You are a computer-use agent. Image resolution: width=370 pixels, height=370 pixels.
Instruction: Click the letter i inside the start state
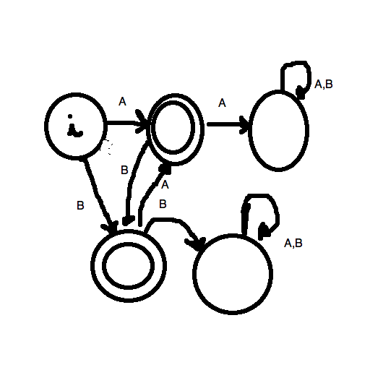[x=74, y=126]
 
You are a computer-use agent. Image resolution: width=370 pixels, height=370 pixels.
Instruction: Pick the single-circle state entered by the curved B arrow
[x=194, y=274]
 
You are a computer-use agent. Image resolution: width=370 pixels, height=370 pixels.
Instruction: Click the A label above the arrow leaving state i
[x=122, y=102]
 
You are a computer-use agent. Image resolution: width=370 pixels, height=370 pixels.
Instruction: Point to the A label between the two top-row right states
[x=222, y=103]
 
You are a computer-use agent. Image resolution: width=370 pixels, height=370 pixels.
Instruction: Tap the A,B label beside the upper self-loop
[x=324, y=84]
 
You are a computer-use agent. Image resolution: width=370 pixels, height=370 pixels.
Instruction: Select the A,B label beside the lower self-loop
[x=293, y=243]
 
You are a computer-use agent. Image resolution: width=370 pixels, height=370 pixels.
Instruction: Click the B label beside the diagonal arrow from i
[x=80, y=205]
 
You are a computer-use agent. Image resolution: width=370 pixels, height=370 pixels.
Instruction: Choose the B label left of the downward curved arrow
[x=124, y=170]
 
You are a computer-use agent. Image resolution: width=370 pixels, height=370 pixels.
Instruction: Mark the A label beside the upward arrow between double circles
[x=165, y=185]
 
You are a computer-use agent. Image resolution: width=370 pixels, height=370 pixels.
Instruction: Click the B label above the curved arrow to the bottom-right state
[x=163, y=204]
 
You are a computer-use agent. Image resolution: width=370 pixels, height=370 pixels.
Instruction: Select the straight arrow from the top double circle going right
[x=228, y=124]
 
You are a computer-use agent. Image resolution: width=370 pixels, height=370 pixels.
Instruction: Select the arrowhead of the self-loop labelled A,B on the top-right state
[x=301, y=92]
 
